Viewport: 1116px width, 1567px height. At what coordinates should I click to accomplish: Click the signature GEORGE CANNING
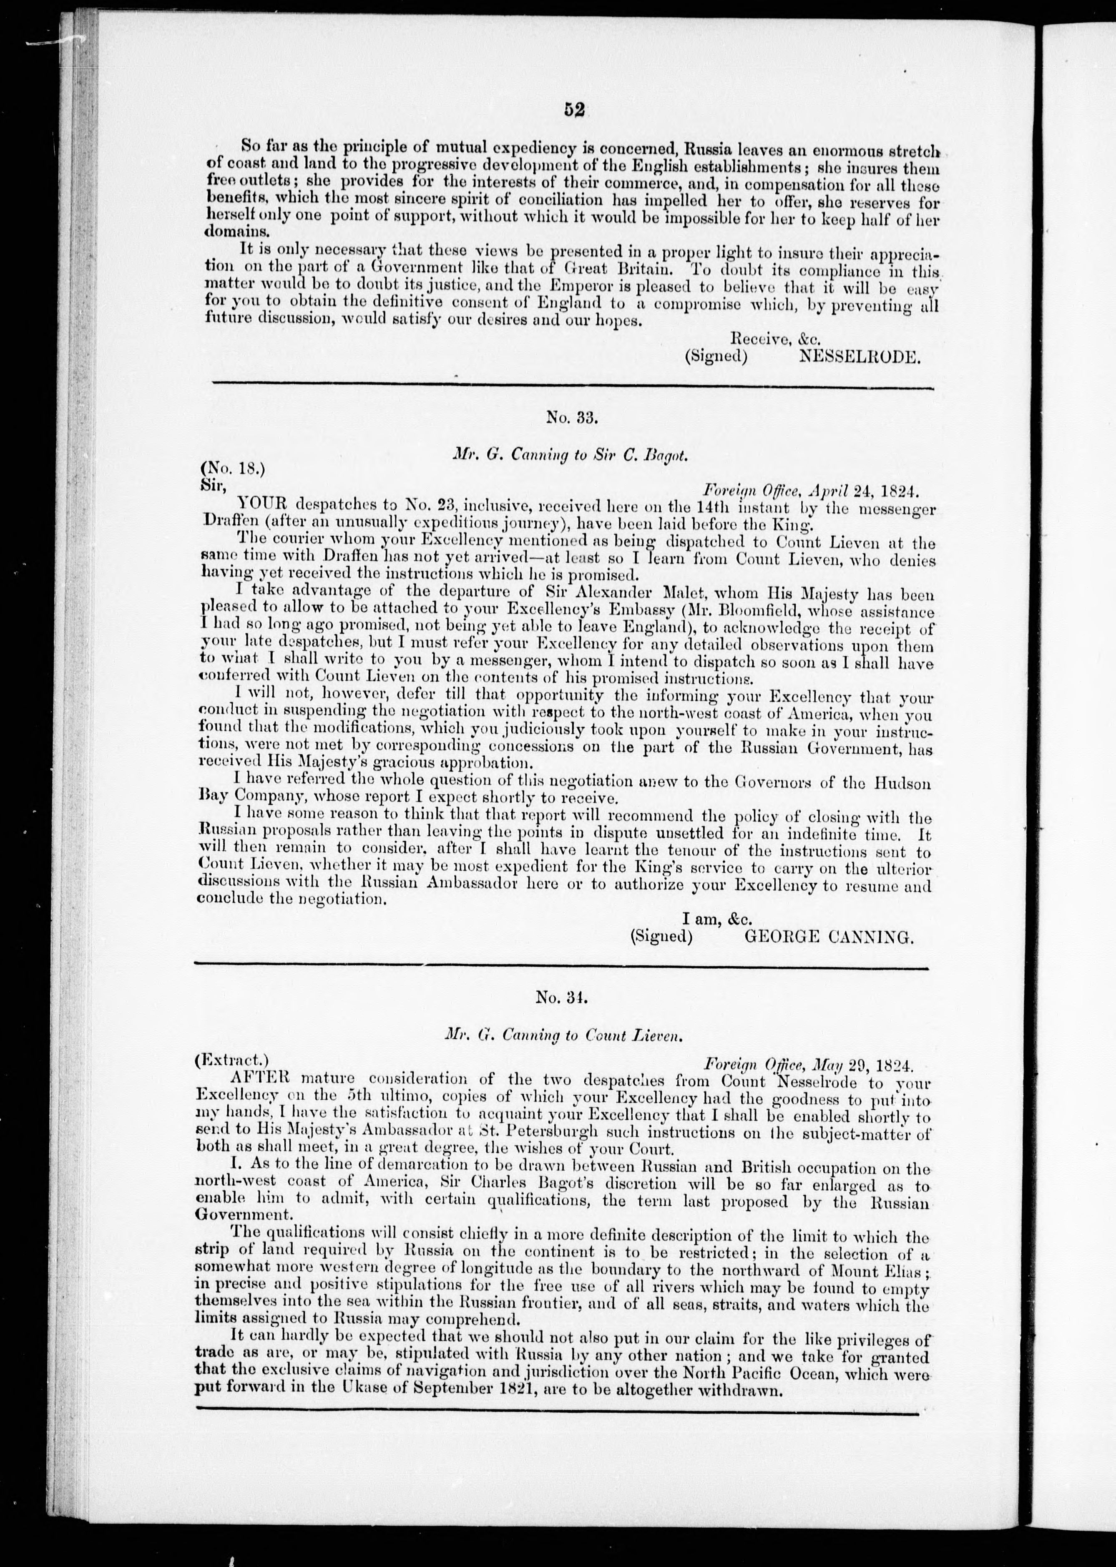click(829, 936)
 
